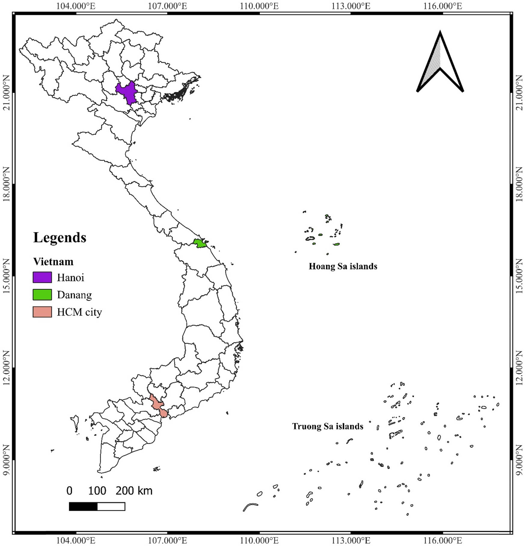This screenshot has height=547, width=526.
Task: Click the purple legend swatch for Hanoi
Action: pyautogui.click(x=42, y=277)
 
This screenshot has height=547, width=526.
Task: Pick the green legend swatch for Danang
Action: pyautogui.click(x=42, y=295)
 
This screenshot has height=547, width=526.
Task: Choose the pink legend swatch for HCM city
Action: pyautogui.click(x=42, y=312)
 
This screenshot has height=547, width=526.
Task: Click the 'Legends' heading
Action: pyautogui.click(x=60, y=237)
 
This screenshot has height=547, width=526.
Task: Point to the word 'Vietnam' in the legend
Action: pyautogui.click(x=53, y=261)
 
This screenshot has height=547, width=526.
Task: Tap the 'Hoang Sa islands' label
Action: pyautogui.click(x=343, y=266)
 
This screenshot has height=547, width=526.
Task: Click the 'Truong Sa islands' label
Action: pyautogui.click(x=328, y=426)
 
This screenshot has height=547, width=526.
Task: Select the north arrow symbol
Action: pyautogui.click(x=440, y=63)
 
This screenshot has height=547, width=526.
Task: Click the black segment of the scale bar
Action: pyautogui.click(x=83, y=506)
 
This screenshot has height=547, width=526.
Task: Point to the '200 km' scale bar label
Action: pyautogui.click(x=134, y=491)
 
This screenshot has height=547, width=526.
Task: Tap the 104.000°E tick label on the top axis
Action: pyautogui.click(x=76, y=6)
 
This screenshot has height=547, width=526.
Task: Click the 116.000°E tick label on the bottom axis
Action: pyautogui.click(x=442, y=541)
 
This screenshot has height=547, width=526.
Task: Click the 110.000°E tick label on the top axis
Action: pyautogui.click(x=259, y=6)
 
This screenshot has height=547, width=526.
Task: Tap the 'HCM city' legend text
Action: pyautogui.click(x=79, y=312)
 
